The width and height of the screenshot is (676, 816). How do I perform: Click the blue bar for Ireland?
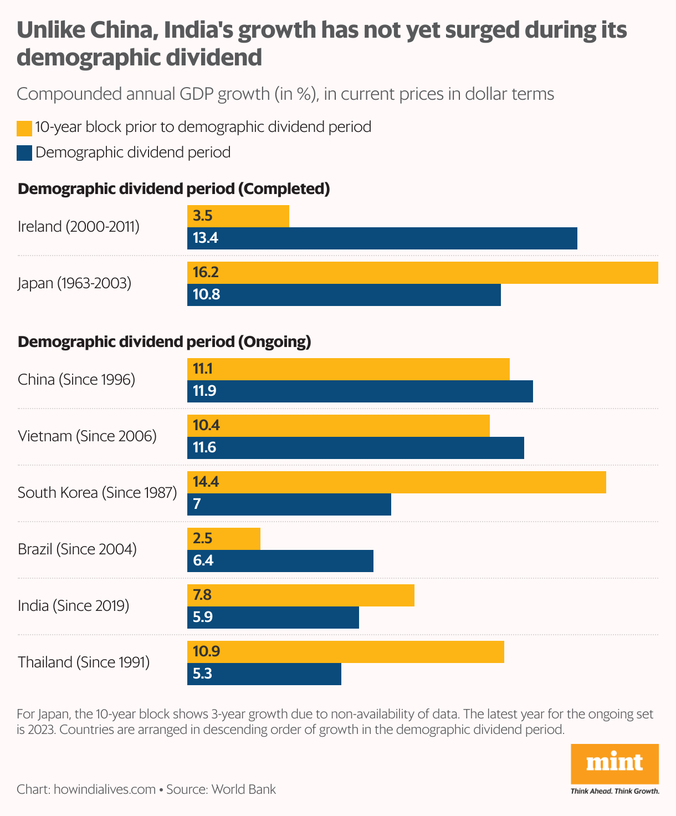click(382, 238)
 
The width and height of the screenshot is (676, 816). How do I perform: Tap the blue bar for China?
click(360, 391)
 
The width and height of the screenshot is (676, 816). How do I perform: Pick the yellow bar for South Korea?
click(397, 482)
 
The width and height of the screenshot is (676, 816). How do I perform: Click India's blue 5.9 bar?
click(273, 618)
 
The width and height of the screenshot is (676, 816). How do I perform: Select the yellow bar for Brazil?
click(224, 538)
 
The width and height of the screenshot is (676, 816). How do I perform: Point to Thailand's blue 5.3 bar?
click(264, 674)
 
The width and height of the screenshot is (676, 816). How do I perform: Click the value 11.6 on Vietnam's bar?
click(204, 448)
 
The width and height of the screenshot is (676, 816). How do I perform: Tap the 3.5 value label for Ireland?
click(203, 216)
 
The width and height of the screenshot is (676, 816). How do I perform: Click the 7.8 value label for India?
click(203, 595)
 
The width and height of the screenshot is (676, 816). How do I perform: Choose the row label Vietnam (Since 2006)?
click(87, 436)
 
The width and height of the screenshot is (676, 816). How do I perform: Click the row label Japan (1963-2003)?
click(74, 283)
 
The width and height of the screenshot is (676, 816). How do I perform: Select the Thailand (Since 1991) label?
click(84, 662)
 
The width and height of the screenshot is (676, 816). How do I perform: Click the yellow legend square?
click(24, 128)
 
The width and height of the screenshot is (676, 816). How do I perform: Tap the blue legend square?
click(24, 153)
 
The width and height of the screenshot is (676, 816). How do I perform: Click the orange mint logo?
click(614, 763)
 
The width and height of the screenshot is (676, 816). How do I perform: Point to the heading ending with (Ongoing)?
click(165, 342)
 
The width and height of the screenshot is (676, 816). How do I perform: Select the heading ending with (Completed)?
click(174, 189)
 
